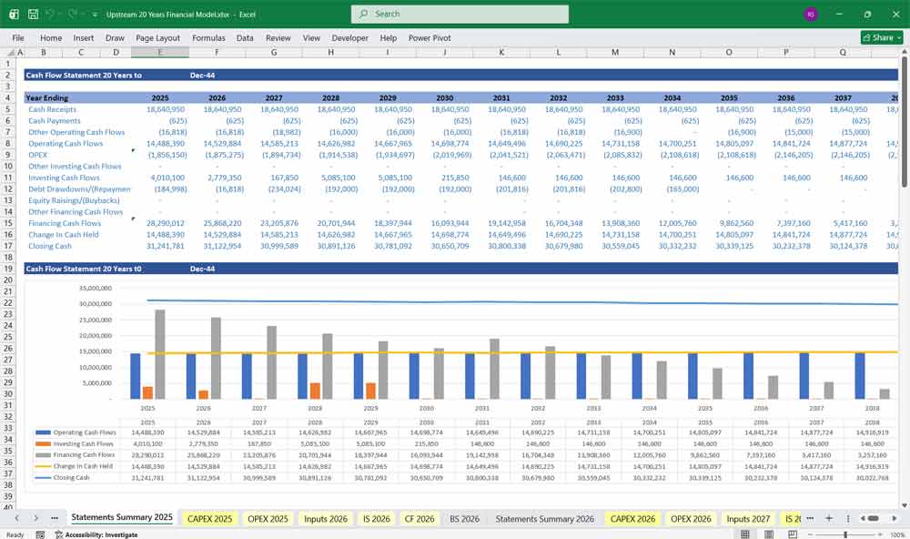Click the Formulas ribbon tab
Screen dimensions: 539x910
208,38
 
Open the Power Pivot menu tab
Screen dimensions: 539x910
430,38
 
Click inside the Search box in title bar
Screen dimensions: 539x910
460,14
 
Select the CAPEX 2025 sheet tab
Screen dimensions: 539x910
209,519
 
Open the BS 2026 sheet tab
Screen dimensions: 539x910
464,519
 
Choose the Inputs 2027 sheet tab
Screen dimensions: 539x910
750,519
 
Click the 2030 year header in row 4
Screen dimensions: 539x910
444,97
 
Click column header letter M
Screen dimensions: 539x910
615,53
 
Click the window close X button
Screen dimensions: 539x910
894,14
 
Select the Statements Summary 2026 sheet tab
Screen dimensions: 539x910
545,519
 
